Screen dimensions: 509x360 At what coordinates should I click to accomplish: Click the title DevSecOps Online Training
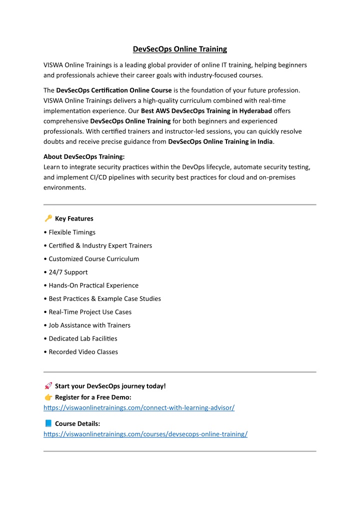click(x=179, y=49)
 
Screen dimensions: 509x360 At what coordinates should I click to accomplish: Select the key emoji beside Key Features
click(x=48, y=218)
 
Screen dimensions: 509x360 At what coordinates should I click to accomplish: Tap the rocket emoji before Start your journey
click(x=48, y=385)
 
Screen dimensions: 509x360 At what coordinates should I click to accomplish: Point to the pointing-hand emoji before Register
click(x=48, y=397)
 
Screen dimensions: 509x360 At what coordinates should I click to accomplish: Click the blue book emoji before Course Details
click(x=48, y=423)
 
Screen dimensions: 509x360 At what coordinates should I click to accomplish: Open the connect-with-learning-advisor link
click(x=139, y=407)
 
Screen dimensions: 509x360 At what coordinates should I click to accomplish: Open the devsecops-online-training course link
click(x=145, y=434)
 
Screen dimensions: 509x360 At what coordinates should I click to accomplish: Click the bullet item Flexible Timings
click(x=72, y=232)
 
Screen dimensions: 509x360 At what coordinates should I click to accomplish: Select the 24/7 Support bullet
click(x=68, y=272)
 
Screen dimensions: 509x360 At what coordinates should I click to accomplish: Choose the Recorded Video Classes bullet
click(x=83, y=351)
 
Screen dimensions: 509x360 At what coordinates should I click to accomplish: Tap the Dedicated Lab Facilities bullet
click(x=83, y=338)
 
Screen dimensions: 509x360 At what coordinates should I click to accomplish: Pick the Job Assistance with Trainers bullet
click(x=89, y=325)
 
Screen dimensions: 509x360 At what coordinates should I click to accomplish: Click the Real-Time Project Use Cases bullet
click(x=90, y=312)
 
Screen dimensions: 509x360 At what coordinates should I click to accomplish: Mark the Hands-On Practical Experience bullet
click(x=93, y=285)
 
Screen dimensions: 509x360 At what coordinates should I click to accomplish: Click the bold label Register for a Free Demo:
click(x=93, y=397)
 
